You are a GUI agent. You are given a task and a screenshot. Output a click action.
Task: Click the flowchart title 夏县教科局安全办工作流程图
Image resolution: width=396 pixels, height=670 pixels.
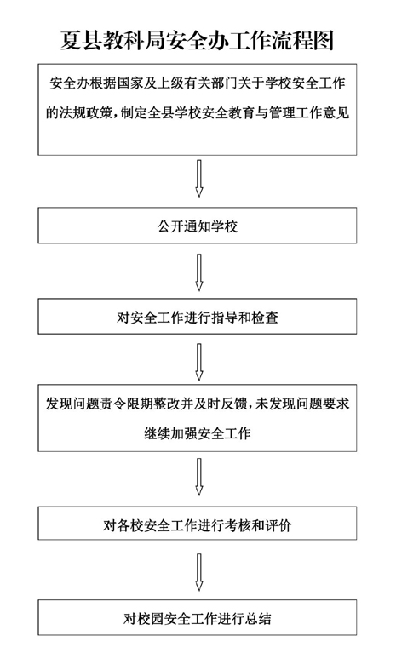point(197,41)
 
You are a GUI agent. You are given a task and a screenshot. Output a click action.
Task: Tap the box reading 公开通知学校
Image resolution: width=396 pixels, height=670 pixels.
point(197,226)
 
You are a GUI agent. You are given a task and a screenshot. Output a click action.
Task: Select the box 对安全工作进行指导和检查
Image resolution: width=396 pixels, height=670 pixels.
point(197,316)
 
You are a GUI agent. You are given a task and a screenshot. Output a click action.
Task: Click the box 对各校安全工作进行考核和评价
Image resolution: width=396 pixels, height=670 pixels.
point(197,524)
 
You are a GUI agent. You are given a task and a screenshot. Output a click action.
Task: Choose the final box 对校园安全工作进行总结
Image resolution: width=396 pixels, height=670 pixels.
point(197,617)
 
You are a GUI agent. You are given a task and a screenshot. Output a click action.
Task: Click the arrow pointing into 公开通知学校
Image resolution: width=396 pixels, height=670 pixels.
point(198,179)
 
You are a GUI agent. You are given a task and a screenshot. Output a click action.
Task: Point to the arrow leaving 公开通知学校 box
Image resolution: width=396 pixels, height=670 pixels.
point(198,272)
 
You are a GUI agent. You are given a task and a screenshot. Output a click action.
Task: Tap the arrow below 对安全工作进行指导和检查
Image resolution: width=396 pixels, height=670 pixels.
point(198,362)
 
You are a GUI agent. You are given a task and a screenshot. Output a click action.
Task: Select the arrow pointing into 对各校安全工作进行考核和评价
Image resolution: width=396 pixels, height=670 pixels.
point(198,477)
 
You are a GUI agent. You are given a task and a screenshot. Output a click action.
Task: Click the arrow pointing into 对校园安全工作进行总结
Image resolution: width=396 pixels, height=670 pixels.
point(198,572)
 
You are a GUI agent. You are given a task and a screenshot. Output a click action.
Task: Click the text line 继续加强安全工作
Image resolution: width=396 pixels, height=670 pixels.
point(197,433)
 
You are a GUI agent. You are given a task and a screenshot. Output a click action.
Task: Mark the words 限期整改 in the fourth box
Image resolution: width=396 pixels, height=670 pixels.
point(141,404)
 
